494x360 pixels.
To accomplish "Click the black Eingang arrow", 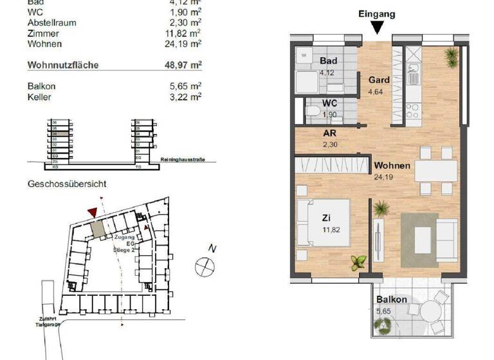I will click(378, 26).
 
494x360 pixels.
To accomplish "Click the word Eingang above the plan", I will click(378, 13).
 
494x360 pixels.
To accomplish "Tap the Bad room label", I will click(328, 61).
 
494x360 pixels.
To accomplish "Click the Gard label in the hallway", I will click(378, 81).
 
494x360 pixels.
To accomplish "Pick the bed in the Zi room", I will click(324, 222).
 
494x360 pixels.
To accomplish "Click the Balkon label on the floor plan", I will click(392, 300).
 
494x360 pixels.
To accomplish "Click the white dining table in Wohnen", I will click(435, 170).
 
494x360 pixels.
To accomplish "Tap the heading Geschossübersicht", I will click(67, 184).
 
